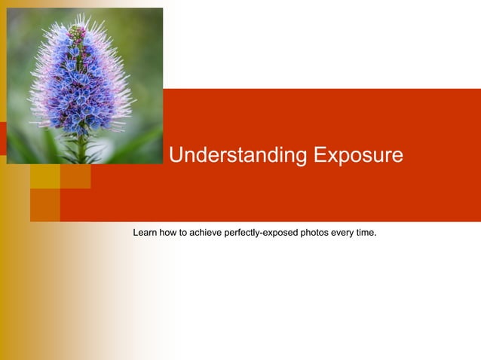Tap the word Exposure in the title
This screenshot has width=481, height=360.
click(x=358, y=156)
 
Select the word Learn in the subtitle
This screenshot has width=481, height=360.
click(x=146, y=232)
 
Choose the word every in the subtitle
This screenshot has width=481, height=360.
click(x=343, y=232)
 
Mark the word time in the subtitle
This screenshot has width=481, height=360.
click(x=365, y=232)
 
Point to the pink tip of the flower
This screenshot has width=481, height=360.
click(x=76, y=32)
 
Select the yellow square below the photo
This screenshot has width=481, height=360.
click(x=44, y=176)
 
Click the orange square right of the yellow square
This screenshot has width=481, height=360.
click(x=75, y=176)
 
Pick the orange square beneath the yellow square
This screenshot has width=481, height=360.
click(x=44, y=205)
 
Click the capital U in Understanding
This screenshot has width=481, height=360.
click(x=176, y=156)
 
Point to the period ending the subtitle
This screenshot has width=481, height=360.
click(x=375, y=234)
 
